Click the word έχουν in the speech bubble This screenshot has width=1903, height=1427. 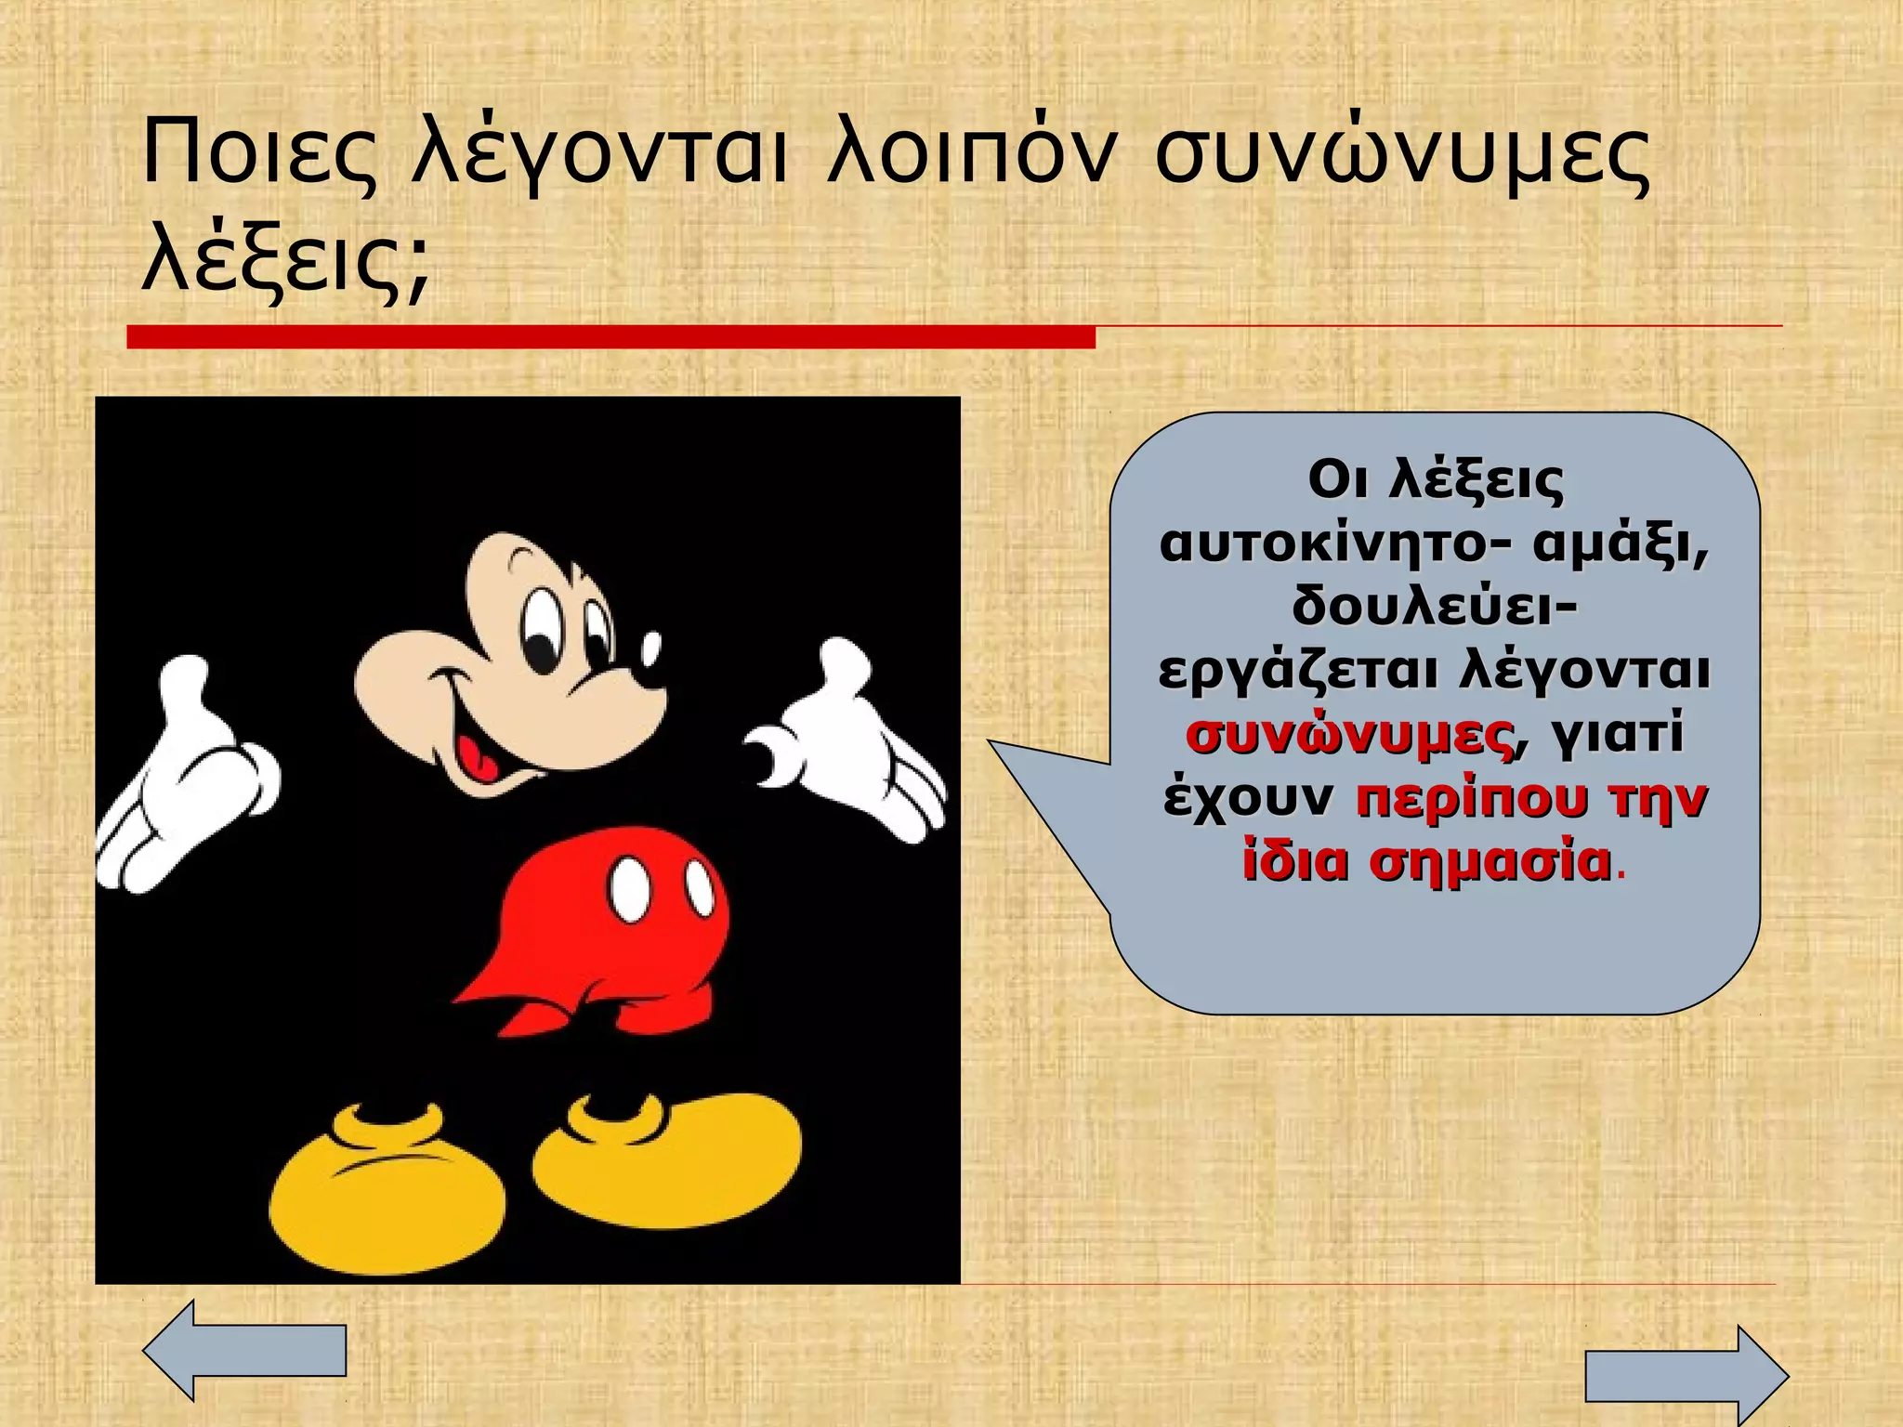[1249, 798]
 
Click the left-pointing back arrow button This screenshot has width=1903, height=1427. [244, 1350]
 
